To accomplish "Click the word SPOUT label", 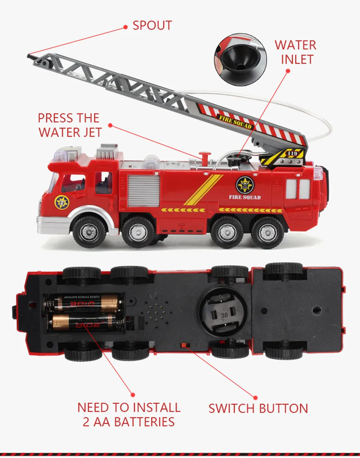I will (152, 26).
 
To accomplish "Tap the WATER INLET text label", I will (296, 52).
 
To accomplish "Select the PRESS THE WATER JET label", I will (69, 125).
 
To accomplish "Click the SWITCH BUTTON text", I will (258, 408).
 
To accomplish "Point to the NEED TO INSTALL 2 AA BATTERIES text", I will (129, 414).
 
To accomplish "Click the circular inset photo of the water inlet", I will (240, 60).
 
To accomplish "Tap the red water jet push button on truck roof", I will (204, 156).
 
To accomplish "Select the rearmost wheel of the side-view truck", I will (268, 232).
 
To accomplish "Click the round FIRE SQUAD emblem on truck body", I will (245, 185).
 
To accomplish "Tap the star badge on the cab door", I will (62, 202).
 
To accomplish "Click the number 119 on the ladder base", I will (292, 154).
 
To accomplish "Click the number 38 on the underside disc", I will (224, 315).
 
